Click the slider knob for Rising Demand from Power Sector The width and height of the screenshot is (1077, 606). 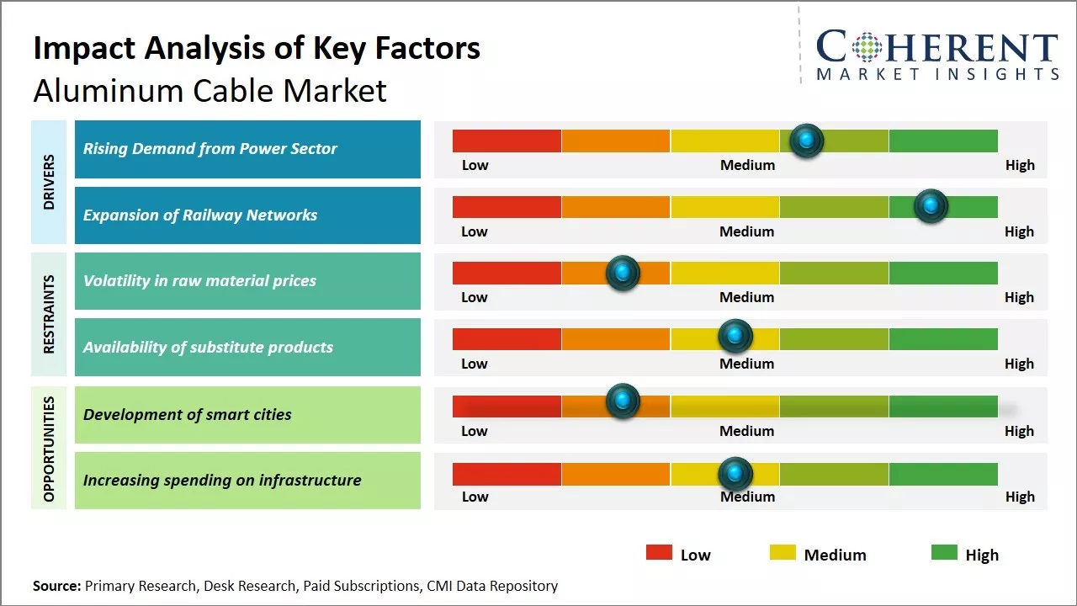pos(807,141)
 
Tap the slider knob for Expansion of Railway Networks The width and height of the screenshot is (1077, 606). pos(931,206)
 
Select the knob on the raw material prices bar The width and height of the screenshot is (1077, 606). pos(623,273)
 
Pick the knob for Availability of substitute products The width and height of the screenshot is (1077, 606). pos(735,337)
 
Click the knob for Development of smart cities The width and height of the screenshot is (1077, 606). pos(623,401)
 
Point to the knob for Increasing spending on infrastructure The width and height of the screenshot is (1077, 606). pos(735,474)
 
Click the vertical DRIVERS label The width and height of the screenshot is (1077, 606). pos(49,183)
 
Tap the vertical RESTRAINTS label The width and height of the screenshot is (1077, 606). pos(49,314)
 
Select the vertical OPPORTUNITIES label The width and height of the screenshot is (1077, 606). pos(49,449)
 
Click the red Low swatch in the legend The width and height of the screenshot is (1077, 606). pos(659,552)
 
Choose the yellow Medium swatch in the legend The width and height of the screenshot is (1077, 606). pos(783,552)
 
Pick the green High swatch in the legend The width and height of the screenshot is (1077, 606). pos(944,552)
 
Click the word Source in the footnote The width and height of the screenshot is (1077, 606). pos(56,586)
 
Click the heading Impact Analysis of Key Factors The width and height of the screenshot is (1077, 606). pos(257,48)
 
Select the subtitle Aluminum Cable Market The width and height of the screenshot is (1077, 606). pos(210,90)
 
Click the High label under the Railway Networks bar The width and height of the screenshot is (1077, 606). pos(1019,231)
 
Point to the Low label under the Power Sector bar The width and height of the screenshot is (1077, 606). pos(475,165)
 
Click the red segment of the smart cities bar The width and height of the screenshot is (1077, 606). pos(507,407)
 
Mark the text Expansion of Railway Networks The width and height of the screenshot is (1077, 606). pos(199,215)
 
